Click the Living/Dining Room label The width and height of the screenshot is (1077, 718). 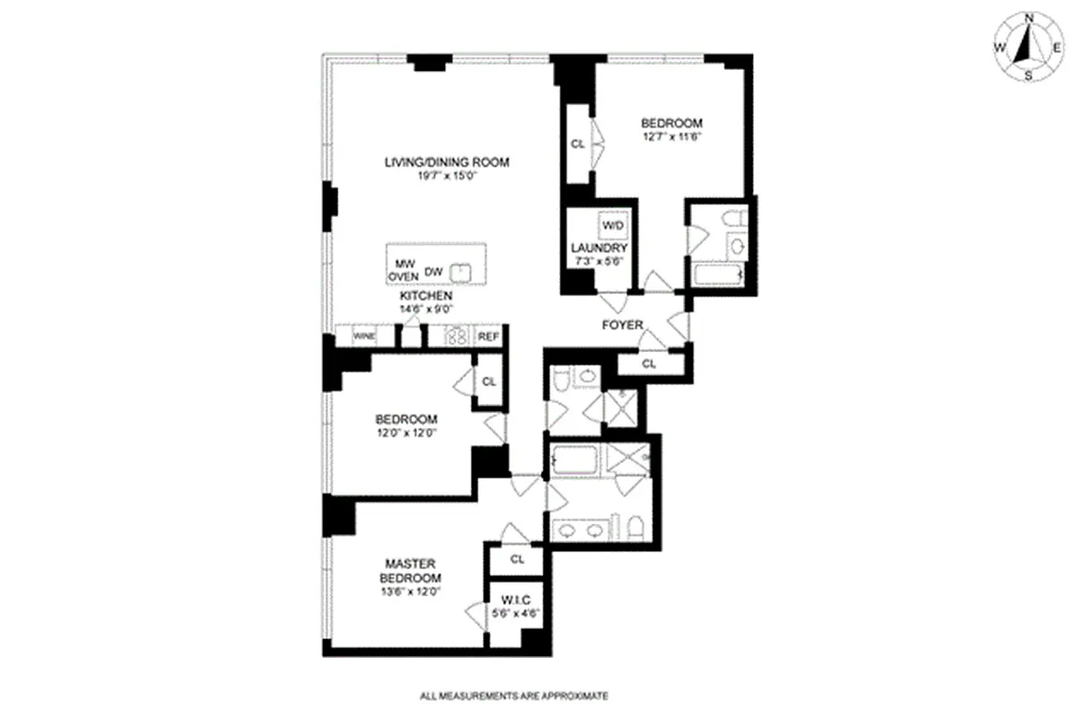[x=447, y=162]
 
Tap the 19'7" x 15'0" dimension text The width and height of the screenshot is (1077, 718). [x=447, y=176]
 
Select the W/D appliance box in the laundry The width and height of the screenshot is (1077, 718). [x=613, y=225]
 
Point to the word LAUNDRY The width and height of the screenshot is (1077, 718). [x=600, y=248]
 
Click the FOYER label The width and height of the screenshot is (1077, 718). [x=623, y=325]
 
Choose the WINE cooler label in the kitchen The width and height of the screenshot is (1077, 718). [x=364, y=337]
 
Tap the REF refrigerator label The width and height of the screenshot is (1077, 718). [x=488, y=337]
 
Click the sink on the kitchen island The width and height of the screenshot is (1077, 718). [x=460, y=273]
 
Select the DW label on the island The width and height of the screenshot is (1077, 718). [x=433, y=272]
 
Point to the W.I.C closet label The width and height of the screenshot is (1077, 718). [x=516, y=600]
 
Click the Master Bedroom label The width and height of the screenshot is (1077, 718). [x=410, y=570]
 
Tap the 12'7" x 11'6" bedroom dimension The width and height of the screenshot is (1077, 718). [x=672, y=136]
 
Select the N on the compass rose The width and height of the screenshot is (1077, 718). [x=1029, y=18]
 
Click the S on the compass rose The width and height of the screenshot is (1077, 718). [x=1029, y=75]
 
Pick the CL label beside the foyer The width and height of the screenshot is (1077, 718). [x=649, y=364]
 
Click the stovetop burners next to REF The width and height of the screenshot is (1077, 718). [x=456, y=337]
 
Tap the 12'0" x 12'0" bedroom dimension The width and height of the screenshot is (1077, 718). [x=407, y=433]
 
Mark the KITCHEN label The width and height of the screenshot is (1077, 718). [x=426, y=296]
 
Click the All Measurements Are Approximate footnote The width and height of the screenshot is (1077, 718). [x=514, y=696]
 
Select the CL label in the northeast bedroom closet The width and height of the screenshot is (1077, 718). [x=577, y=144]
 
